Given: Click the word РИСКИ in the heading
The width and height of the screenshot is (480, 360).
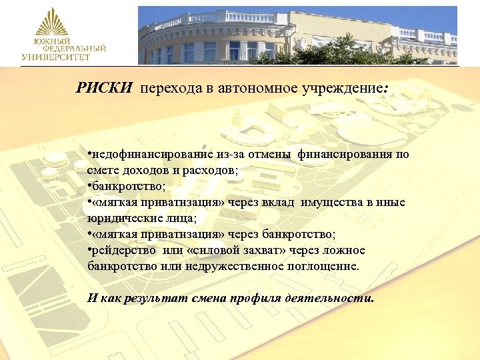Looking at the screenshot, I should (x=103, y=88).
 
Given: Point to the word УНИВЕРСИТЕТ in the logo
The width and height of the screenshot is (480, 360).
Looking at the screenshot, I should (x=55, y=57).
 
